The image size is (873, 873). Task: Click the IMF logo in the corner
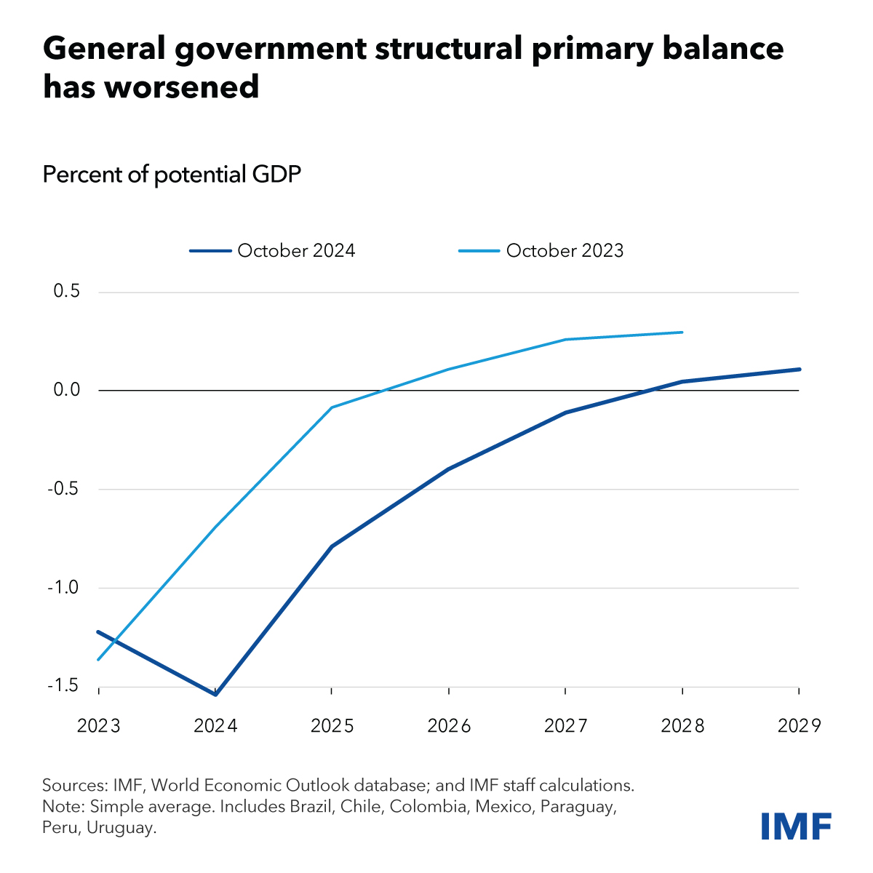tap(796, 826)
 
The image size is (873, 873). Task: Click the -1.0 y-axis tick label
tap(63, 588)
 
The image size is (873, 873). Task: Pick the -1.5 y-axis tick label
tap(63, 686)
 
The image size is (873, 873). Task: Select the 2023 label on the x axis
tap(99, 726)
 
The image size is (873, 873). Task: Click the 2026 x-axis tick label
tap(449, 726)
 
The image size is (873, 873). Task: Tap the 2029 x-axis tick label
tap(799, 726)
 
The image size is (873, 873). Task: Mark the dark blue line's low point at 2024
tap(215, 694)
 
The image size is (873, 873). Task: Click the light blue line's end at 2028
tap(682, 332)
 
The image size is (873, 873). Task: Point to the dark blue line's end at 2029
tap(799, 370)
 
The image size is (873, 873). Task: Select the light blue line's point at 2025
tap(332, 407)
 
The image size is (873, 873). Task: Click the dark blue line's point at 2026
tap(449, 469)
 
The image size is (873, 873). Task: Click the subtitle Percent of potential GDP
tap(172, 175)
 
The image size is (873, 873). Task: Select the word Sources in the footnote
tap(73, 786)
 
